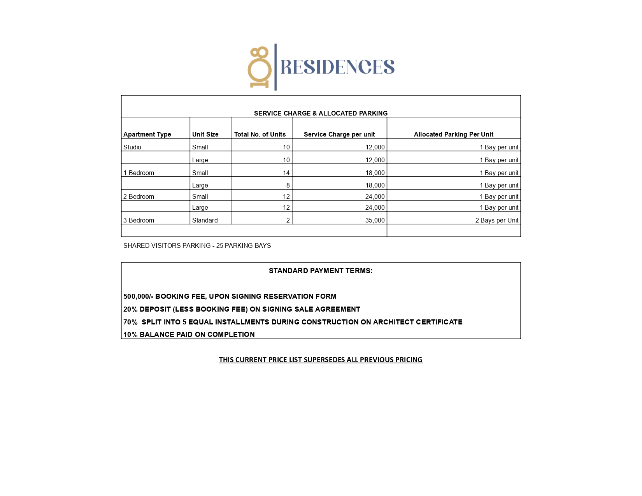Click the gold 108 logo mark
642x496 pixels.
(260, 67)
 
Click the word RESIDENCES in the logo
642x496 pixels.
(337, 67)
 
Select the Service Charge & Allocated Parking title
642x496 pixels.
(321, 113)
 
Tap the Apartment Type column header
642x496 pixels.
(147, 134)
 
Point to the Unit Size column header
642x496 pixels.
(205, 134)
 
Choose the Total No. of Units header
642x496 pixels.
(260, 134)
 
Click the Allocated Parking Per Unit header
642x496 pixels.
(453, 134)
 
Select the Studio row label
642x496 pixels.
(132, 147)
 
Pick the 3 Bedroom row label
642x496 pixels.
(139, 220)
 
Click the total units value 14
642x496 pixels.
(286, 173)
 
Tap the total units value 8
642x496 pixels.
(288, 185)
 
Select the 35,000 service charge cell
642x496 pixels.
(375, 220)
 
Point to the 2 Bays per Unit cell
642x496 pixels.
(496, 220)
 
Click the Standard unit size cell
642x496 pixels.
(205, 220)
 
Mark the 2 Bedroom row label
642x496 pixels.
(139, 196)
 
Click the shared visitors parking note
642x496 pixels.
(197, 245)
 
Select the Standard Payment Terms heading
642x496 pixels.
(321, 271)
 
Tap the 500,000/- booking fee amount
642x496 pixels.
(138, 296)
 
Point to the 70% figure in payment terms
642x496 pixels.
(130, 322)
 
